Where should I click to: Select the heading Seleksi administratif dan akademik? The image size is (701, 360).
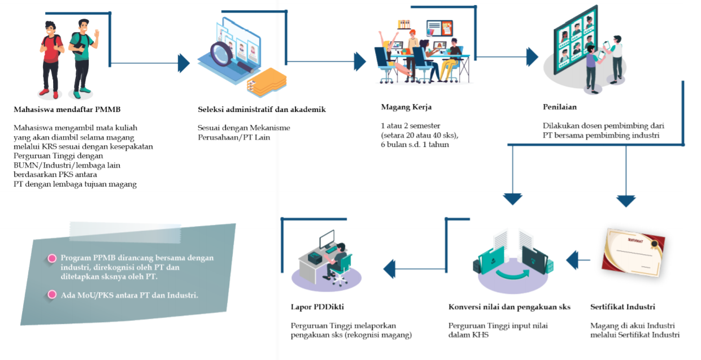click(262, 109)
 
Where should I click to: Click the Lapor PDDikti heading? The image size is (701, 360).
click(317, 307)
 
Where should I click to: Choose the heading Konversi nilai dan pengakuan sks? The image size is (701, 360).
click(509, 307)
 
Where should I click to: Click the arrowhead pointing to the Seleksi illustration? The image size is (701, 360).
click(184, 63)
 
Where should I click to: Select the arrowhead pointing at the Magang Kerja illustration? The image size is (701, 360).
click(360, 61)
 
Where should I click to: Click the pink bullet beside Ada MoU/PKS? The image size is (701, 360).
click(53, 294)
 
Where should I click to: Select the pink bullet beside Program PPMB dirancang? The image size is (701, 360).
click(53, 258)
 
